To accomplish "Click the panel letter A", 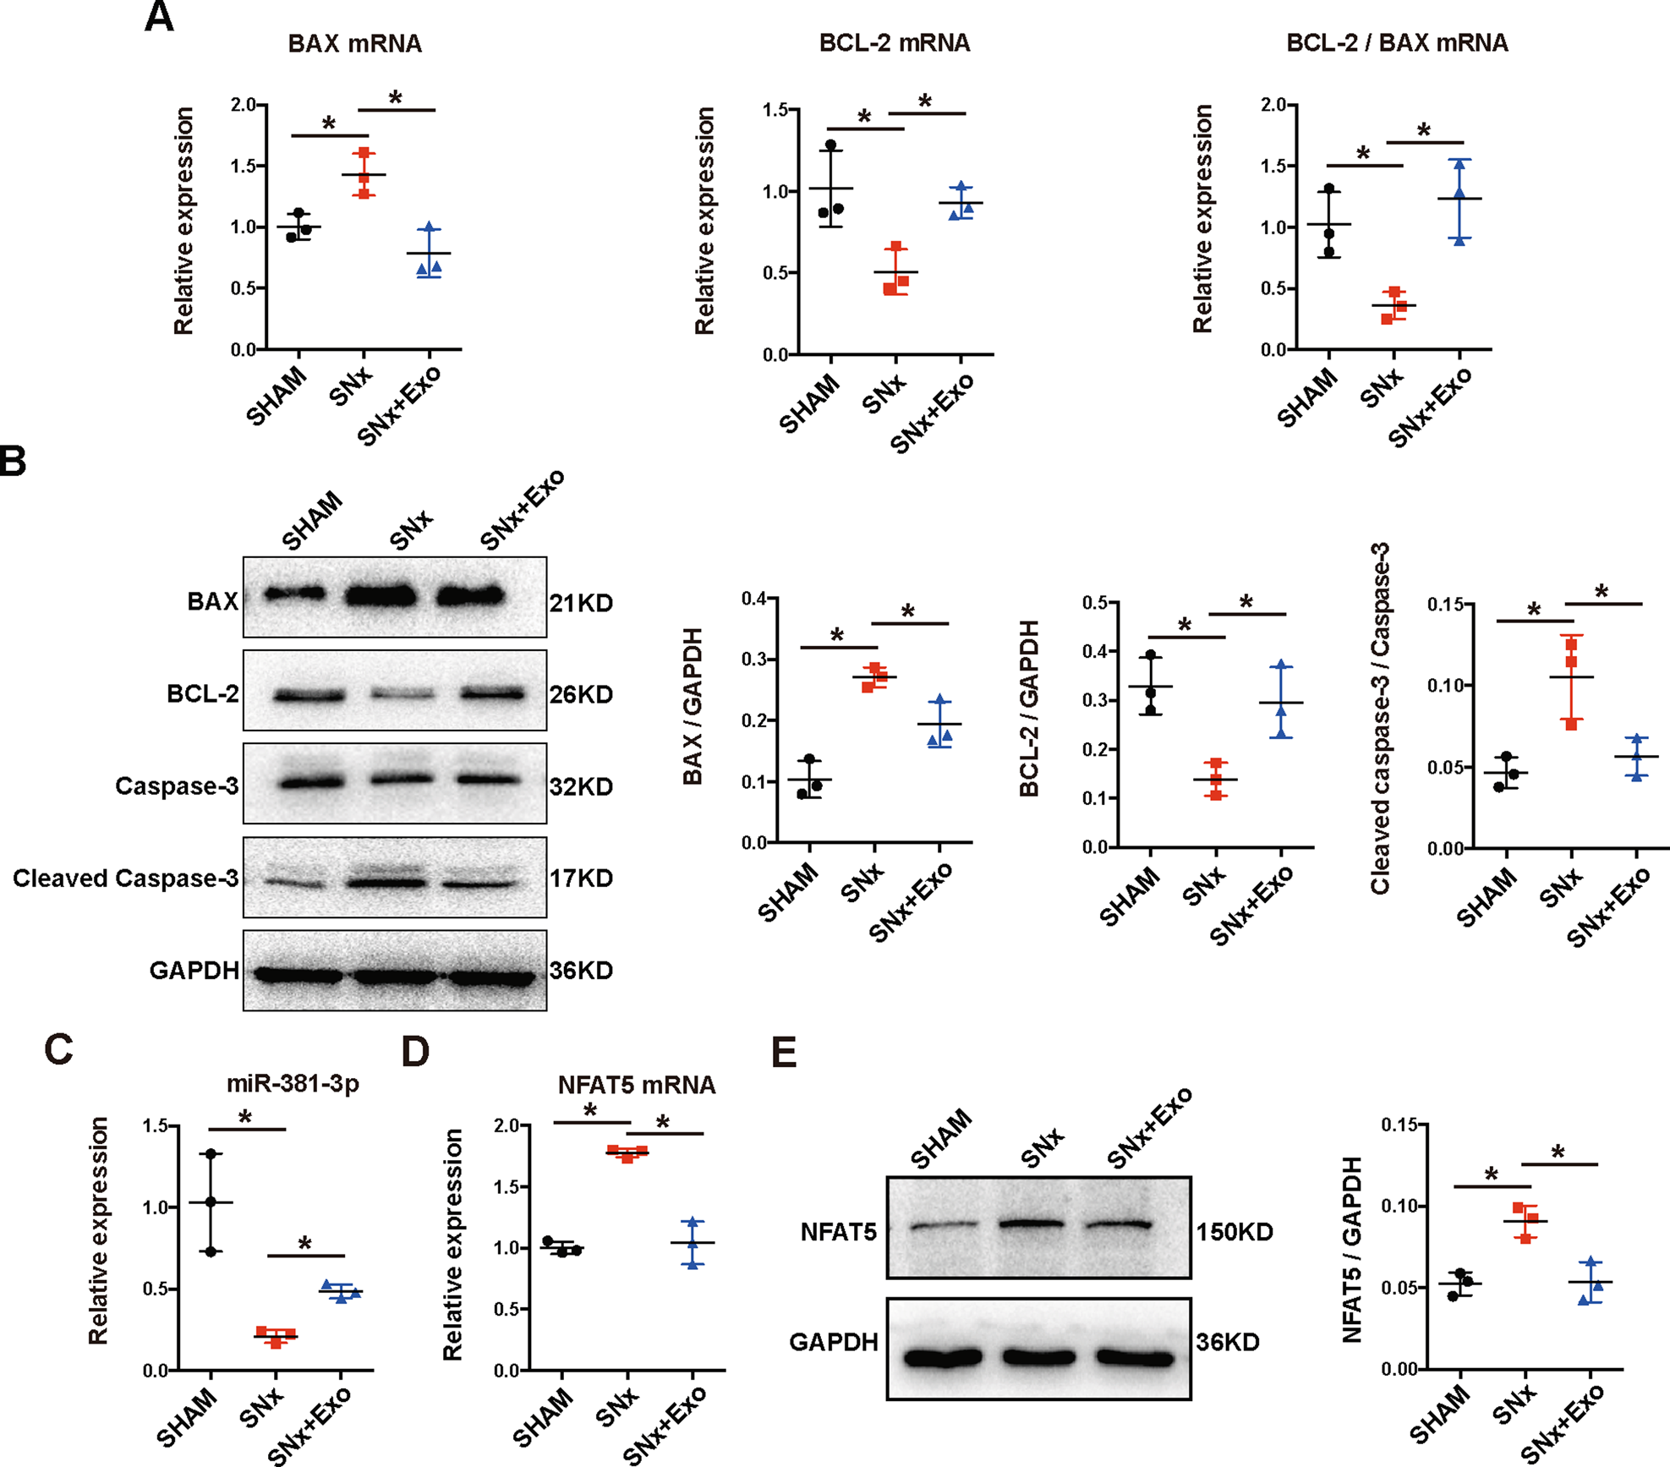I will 159,17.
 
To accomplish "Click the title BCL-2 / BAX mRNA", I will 1397,43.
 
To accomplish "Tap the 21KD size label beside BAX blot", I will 581,603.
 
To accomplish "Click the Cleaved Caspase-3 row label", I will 126,879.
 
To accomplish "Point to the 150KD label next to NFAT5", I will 1235,1232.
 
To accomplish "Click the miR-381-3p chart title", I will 293,1083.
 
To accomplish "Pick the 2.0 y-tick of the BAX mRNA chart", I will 244,105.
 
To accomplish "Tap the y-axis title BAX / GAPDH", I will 693,706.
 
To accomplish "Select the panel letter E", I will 784,1053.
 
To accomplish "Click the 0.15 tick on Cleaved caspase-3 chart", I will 1445,605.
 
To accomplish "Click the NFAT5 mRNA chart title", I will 636,1085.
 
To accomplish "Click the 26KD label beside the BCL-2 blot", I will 581,695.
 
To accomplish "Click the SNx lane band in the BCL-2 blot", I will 402,695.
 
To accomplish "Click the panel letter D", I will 415,1053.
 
